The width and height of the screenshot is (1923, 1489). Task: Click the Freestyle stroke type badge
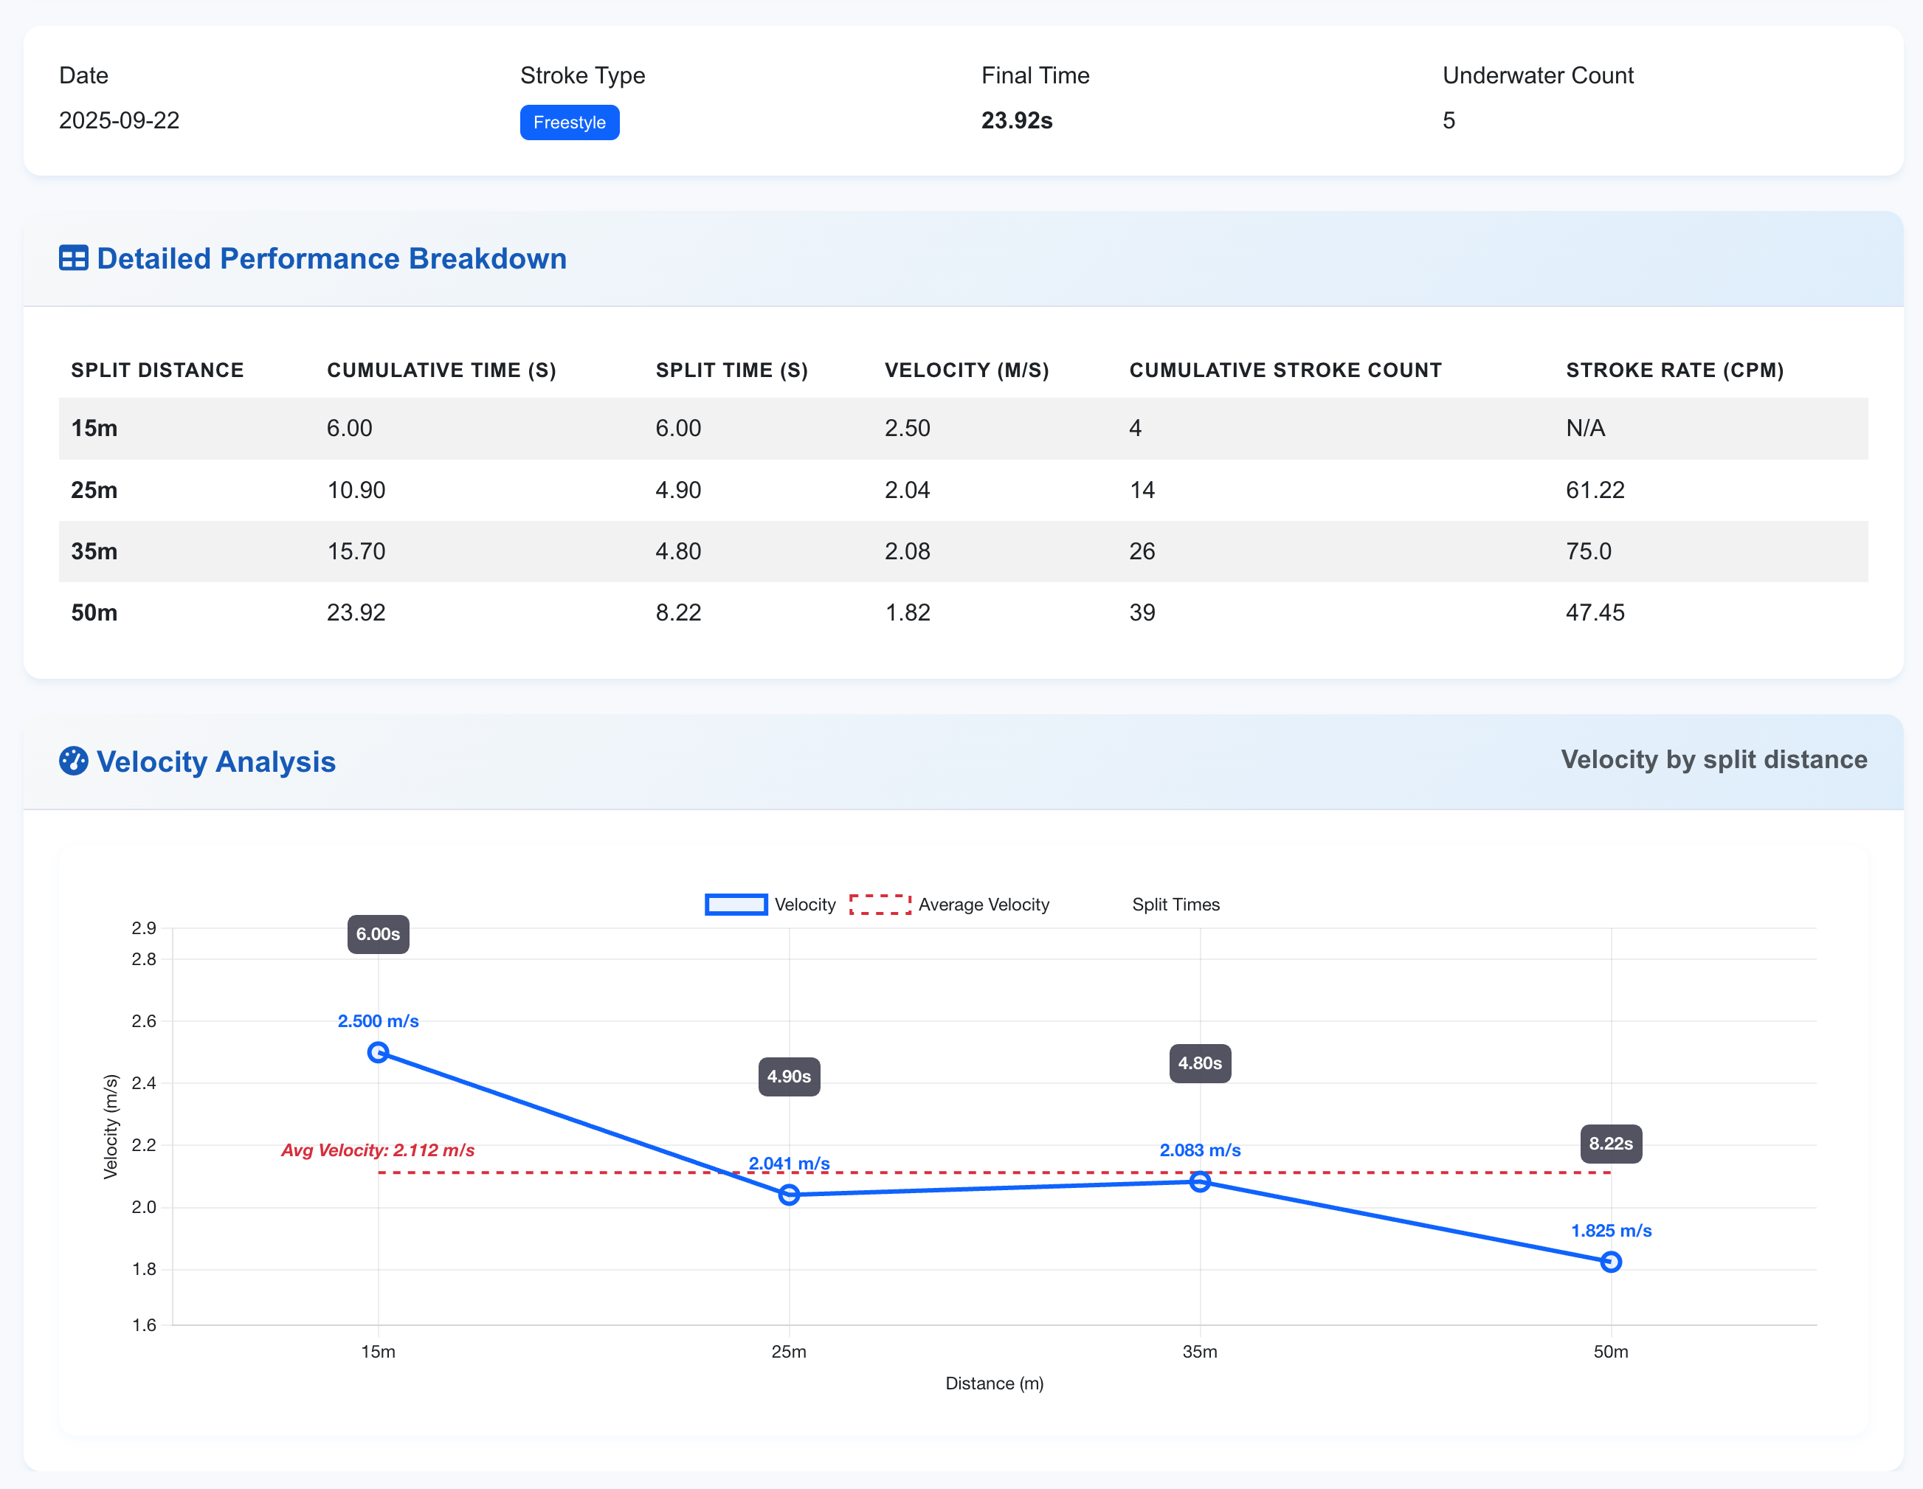[x=569, y=122]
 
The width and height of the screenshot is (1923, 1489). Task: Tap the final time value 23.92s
[x=1016, y=120]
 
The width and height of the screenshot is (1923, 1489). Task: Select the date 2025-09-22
[x=119, y=120]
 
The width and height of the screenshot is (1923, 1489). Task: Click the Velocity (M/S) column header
[x=966, y=370]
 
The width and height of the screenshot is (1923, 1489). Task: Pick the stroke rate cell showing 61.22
[x=1595, y=490]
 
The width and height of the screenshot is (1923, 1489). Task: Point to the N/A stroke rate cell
[x=1585, y=428]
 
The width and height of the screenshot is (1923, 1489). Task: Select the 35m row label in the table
[x=94, y=551]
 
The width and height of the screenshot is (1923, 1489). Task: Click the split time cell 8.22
[x=678, y=613]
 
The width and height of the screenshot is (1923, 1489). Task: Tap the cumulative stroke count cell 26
[x=1142, y=551]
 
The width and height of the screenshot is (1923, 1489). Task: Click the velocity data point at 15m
[x=378, y=1052]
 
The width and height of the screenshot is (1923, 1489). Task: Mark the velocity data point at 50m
[x=1610, y=1262]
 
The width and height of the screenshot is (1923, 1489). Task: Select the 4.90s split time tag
[x=788, y=1076]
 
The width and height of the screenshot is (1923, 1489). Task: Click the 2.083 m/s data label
[x=1199, y=1150]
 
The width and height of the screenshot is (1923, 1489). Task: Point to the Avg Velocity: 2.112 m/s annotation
[x=378, y=1150]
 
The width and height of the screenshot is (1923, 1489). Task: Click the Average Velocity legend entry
[x=948, y=905]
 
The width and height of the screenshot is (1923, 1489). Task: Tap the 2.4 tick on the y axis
[x=143, y=1083]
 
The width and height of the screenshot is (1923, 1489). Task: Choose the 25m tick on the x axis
[x=788, y=1352]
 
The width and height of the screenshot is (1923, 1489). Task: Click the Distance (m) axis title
[x=994, y=1383]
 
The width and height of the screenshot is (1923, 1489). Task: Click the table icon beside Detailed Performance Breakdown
[x=73, y=259]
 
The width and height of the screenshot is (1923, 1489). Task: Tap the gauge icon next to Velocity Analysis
[x=73, y=761]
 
